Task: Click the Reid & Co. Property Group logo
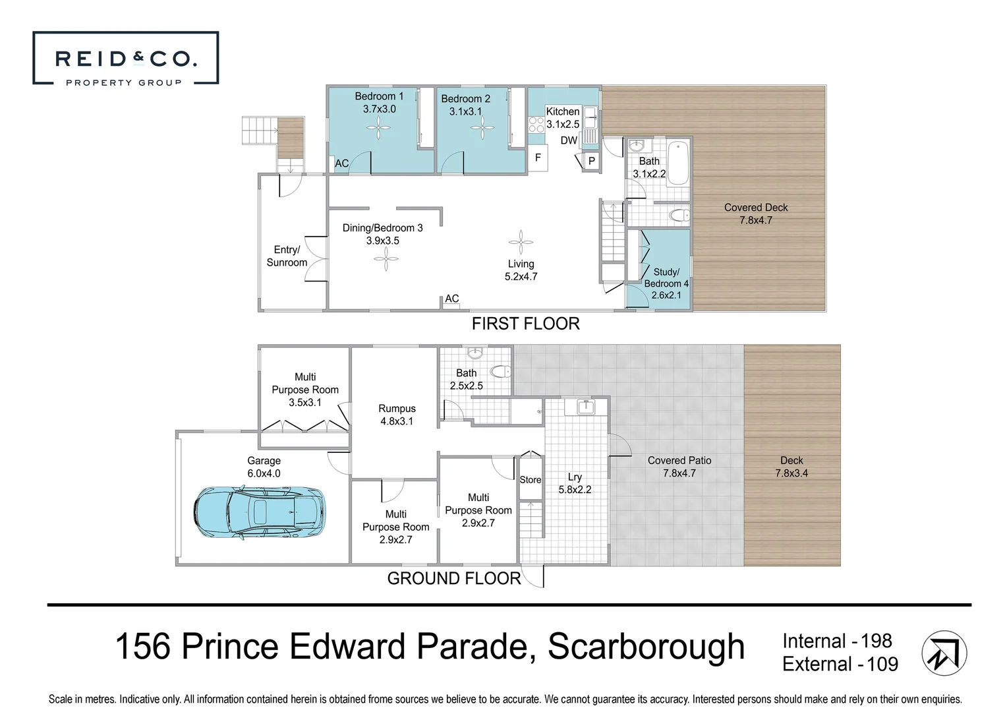pos(126,58)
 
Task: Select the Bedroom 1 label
pos(379,102)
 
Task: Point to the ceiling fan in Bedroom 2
pos(482,128)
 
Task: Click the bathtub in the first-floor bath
pos(678,163)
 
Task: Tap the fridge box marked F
pos(538,158)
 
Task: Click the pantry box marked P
pos(591,161)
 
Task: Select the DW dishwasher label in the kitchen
pos(569,140)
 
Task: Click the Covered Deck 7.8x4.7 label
pos(756,214)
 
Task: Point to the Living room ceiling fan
pos(521,243)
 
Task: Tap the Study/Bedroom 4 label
pos(666,283)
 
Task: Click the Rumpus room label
pos(397,415)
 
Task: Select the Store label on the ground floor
pos(531,480)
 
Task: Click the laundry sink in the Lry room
pos(586,407)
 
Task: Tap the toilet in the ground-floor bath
pos(501,371)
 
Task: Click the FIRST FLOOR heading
pos(526,324)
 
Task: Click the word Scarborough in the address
pos(646,647)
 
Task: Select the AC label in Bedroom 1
pos(342,163)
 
